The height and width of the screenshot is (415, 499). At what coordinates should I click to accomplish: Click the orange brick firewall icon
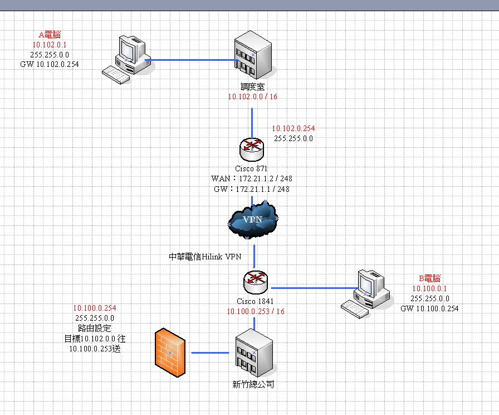pyautogui.click(x=170, y=353)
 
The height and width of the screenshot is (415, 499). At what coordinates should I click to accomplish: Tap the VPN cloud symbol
pyautogui.click(x=253, y=220)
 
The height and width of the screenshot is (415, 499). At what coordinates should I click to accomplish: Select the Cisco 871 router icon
pyautogui.click(x=252, y=149)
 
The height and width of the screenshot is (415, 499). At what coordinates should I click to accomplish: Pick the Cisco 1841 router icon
pyautogui.click(x=256, y=282)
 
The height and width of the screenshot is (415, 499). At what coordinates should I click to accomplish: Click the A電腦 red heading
pyautogui.click(x=50, y=35)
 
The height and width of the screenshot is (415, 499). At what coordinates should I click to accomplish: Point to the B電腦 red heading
pyautogui.click(x=429, y=278)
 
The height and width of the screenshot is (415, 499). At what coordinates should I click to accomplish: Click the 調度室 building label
pyautogui.click(x=253, y=86)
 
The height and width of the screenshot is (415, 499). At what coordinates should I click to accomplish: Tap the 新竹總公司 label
pyautogui.click(x=253, y=384)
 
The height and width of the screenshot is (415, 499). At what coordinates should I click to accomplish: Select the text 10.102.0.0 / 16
pyautogui.click(x=253, y=96)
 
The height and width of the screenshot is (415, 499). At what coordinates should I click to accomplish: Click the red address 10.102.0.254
pyautogui.click(x=293, y=128)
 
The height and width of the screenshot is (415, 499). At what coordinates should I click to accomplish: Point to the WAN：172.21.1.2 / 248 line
pyautogui.click(x=251, y=178)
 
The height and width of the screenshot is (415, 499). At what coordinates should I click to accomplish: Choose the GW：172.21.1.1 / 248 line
pyautogui.click(x=251, y=189)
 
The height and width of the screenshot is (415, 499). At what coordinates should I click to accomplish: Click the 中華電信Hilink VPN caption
pyautogui.click(x=205, y=257)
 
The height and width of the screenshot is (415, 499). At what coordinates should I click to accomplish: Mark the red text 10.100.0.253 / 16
pyautogui.click(x=256, y=311)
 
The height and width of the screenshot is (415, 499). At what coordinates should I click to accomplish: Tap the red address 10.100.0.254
pyautogui.click(x=95, y=308)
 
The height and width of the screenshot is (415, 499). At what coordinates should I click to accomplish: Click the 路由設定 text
pyautogui.click(x=95, y=329)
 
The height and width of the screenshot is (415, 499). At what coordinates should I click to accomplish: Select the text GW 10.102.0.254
pyautogui.click(x=50, y=64)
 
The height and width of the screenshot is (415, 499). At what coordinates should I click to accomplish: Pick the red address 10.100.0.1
pyautogui.click(x=429, y=288)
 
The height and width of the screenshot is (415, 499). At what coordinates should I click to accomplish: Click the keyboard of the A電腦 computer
pyautogui.click(x=116, y=75)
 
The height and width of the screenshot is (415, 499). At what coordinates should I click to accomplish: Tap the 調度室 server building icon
pyautogui.click(x=253, y=55)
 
